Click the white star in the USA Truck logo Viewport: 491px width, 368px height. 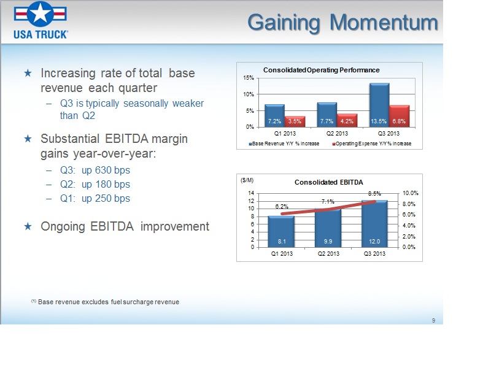(40, 13)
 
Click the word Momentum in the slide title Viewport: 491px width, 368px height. (384, 23)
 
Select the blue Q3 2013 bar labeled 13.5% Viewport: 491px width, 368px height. (379, 105)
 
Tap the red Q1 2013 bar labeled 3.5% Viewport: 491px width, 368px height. (295, 121)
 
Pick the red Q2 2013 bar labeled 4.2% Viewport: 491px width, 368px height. (347, 120)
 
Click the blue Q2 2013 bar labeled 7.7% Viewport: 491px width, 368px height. (327, 115)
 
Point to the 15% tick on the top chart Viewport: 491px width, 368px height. (249, 78)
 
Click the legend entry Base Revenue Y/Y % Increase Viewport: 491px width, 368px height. (284, 144)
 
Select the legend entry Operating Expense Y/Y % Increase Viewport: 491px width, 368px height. (372, 144)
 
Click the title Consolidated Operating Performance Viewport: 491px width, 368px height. (321, 70)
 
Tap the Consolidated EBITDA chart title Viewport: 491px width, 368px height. (329, 182)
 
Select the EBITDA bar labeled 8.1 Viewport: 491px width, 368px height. (281, 232)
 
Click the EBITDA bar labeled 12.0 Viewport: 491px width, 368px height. (374, 224)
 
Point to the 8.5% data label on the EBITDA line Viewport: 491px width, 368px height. (374, 194)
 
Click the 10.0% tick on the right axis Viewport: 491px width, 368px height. (410, 193)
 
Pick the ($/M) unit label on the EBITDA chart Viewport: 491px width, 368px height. (247, 180)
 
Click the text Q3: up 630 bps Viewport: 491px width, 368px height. (95, 171)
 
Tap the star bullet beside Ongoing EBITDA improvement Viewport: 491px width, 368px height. (28, 226)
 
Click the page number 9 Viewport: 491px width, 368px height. (433, 320)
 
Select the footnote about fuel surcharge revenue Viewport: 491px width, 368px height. (105, 302)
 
